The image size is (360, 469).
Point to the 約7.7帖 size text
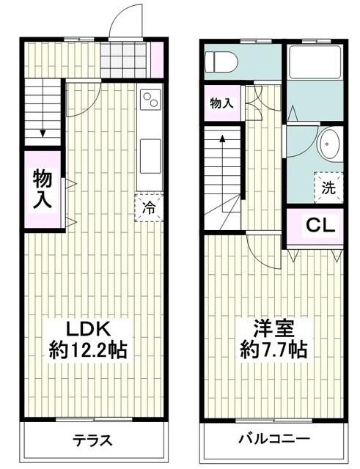tap(273, 350)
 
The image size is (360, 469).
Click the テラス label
tap(92, 441)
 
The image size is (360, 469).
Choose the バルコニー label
tap(273, 441)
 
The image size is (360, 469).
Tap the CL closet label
tap(320, 225)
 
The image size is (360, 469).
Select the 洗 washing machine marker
tap(328, 187)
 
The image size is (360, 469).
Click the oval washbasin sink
tap(327, 145)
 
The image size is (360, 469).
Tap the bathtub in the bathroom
tap(315, 62)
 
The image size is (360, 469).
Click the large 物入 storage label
tap(41, 190)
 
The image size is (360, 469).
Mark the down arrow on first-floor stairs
tap(43, 132)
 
